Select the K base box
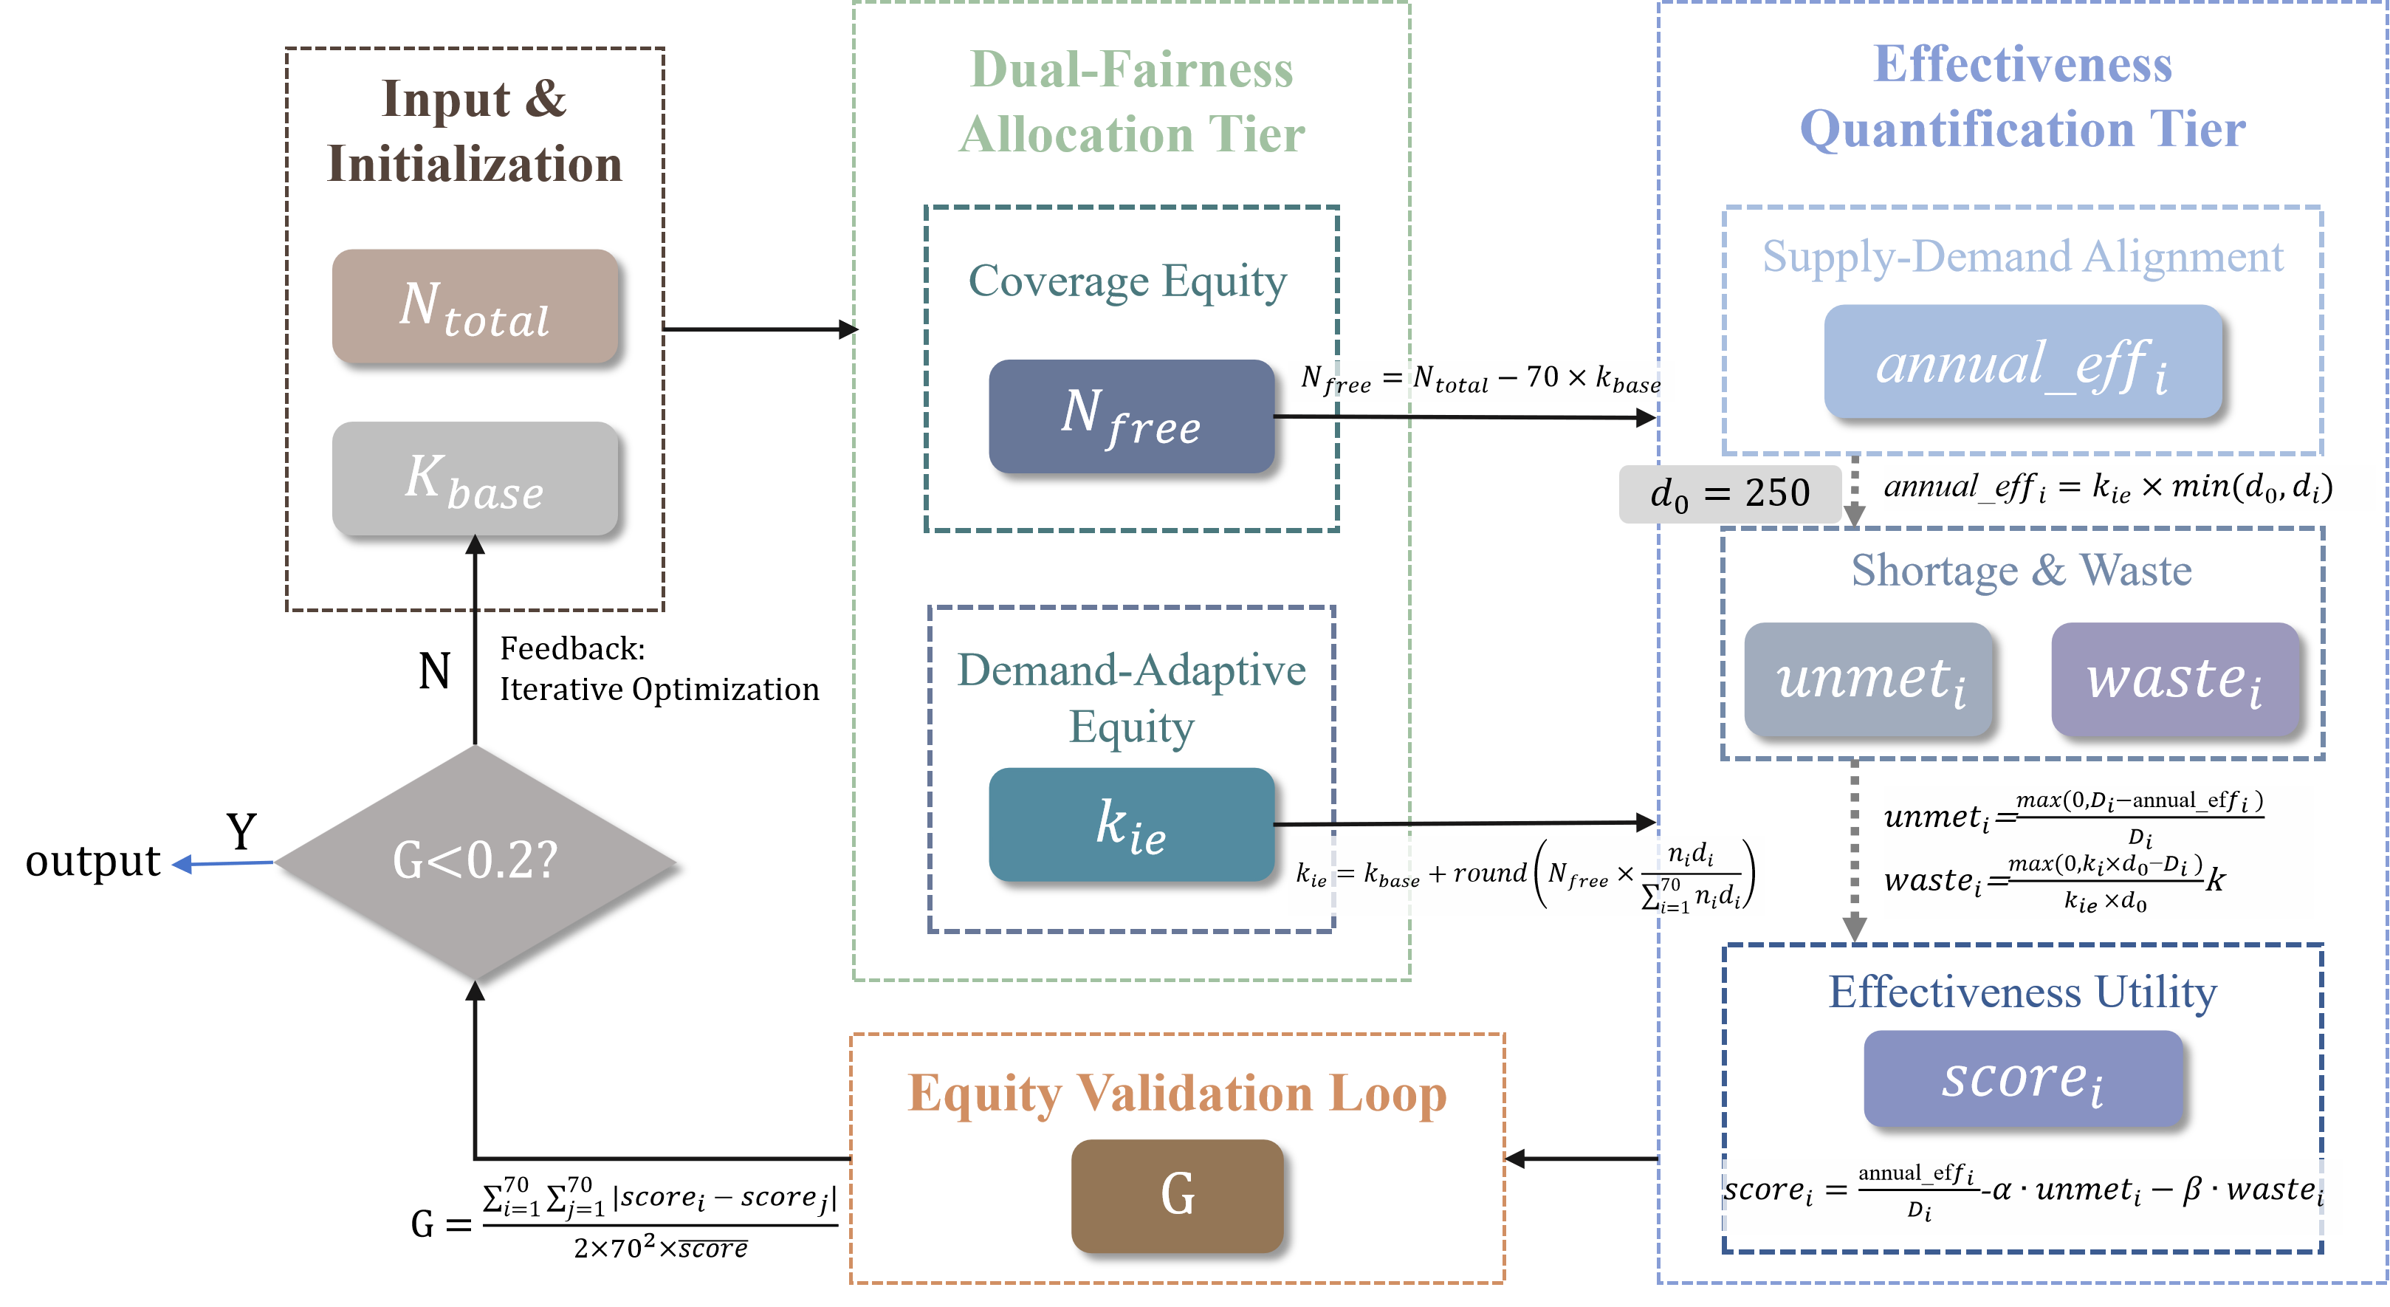(x=474, y=478)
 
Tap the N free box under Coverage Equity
(x=1131, y=416)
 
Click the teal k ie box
(x=1131, y=824)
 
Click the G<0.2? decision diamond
(x=474, y=861)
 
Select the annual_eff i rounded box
(x=2022, y=362)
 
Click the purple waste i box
(x=2174, y=679)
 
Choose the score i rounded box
(x=2022, y=1078)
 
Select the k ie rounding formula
(x=1525, y=876)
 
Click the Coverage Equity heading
(x=1127, y=281)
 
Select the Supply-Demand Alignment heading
(x=2022, y=257)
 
